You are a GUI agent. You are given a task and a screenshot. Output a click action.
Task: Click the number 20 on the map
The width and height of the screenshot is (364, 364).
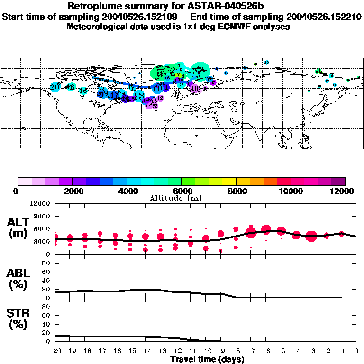click(x=55, y=87)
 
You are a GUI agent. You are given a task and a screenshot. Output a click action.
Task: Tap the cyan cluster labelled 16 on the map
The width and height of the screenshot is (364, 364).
click(x=83, y=91)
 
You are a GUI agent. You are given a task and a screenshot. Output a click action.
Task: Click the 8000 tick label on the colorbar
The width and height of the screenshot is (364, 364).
click(x=237, y=191)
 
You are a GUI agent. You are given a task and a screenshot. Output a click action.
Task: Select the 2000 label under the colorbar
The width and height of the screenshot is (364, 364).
click(x=72, y=191)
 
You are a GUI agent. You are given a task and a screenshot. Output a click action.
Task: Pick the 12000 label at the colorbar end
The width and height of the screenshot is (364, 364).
click(x=343, y=191)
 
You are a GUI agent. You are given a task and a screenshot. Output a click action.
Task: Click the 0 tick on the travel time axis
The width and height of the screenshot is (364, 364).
click(x=355, y=351)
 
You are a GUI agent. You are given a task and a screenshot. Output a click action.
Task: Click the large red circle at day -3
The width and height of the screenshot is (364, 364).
click(x=311, y=236)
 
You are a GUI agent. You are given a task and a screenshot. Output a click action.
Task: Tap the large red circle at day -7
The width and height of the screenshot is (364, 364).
click(x=251, y=232)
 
